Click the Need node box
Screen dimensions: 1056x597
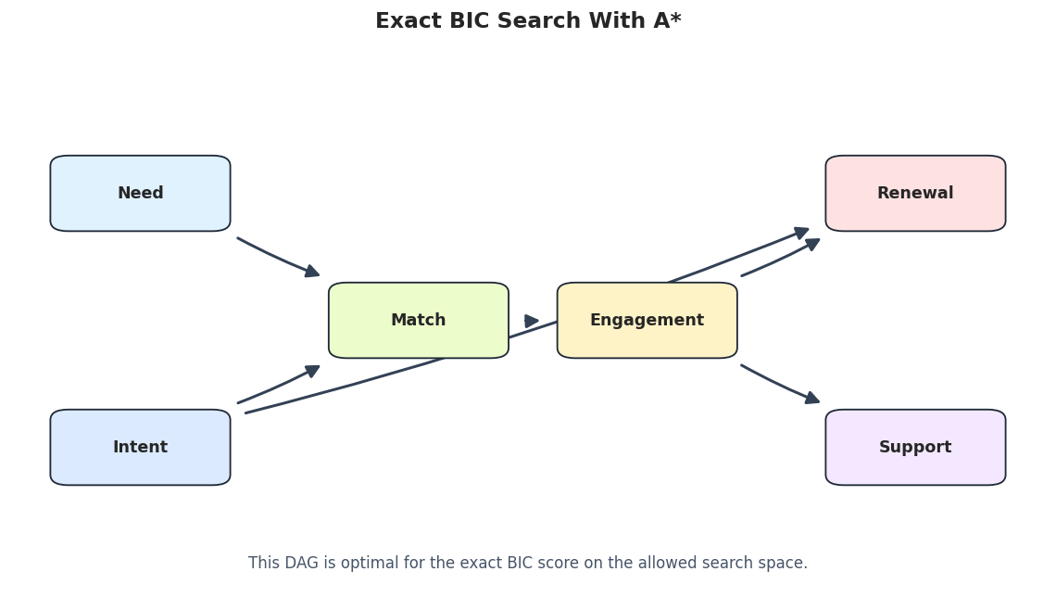click(x=140, y=194)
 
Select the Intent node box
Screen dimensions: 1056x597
click(x=140, y=448)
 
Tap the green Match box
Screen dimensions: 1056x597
click(x=418, y=320)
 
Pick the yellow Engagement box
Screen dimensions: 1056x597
click(x=647, y=320)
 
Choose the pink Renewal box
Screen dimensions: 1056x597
click(x=915, y=194)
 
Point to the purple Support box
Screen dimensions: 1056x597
click(x=915, y=448)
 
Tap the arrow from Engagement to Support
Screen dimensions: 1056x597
click(x=780, y=385)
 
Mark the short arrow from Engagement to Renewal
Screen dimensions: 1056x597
click(x=780, y=258)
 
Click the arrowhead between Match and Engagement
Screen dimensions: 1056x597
click(x=532, y=322)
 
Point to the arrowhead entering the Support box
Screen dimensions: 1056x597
click(x=813, y=399)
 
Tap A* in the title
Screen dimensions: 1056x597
click(x=667, y=20)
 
